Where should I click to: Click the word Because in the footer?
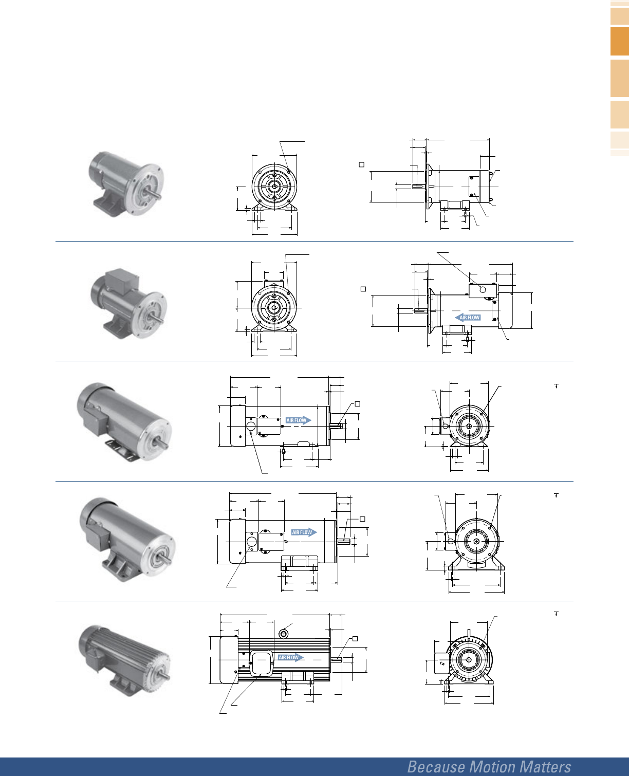(x=437, y=767)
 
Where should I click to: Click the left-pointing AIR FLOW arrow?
(x=467, y=317)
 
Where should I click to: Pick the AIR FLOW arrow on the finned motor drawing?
(x=291, y=657)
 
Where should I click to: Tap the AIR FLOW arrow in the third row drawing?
(x=299, y=420)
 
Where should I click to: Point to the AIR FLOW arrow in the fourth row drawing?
(x=304, y=532)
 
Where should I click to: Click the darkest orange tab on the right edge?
(x=620, y=41)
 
